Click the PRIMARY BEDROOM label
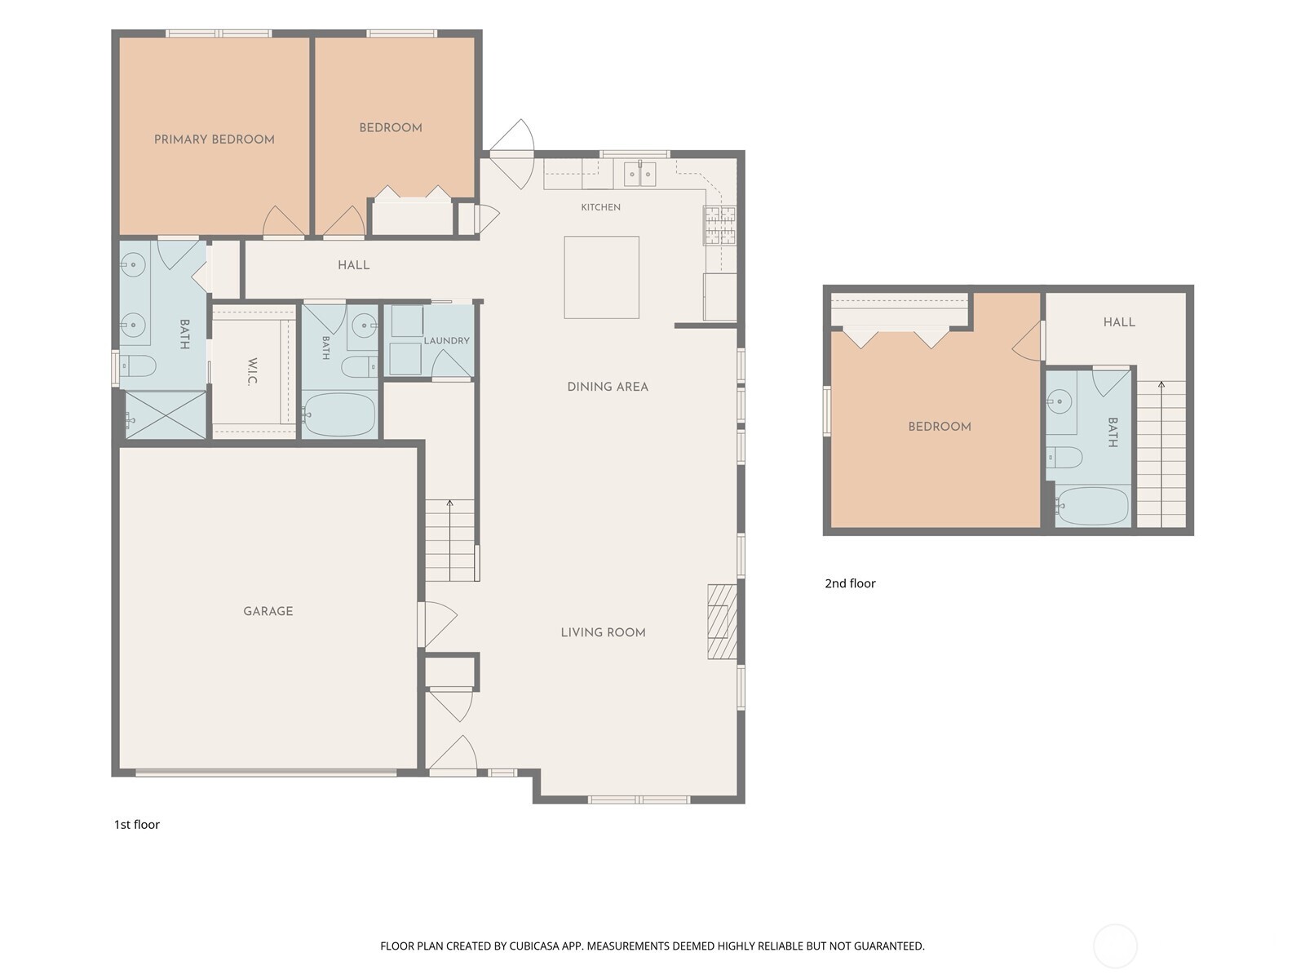[214, 140]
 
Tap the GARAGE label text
[268, 611]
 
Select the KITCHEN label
[600, 207]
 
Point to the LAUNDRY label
[446, 340]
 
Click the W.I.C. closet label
[253, 371]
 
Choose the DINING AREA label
[608, 387]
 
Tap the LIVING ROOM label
[603, 632]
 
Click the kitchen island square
[602, 277]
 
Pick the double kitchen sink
[639, 174]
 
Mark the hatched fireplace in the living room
[723, 621]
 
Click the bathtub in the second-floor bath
[1092, 507]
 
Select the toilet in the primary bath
[138, 365]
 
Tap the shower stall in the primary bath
[166, 415]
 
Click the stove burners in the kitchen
[720, 225]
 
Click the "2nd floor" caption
[850, 583]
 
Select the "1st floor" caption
[137, 825]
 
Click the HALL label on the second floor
[1119, 322]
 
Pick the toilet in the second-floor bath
[1064, 457]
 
